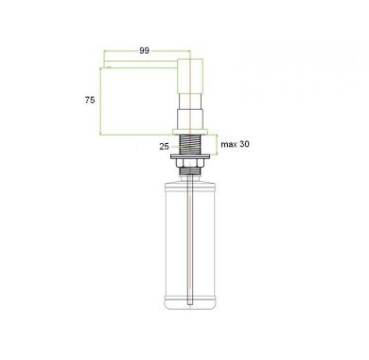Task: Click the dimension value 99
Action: pos(144,51)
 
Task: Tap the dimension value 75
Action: pos(90,100)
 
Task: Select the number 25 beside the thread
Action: pos(164,147)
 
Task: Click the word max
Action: pos(229,144)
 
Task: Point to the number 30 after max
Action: pos(244,144)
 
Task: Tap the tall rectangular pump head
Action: pos(190,76)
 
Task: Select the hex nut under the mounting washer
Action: pos(189,163)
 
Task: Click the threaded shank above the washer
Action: pos(190,145)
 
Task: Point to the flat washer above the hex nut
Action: pos(189,157)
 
